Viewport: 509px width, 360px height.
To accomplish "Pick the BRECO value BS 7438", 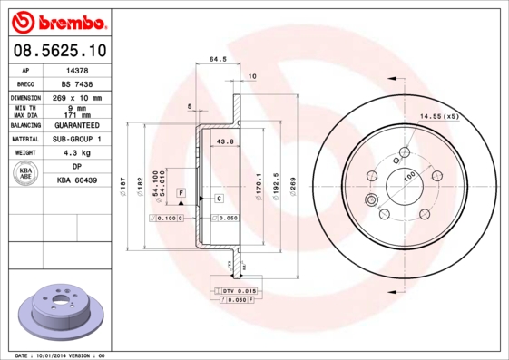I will coord(77,83).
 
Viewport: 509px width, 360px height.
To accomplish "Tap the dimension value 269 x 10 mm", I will coord(77,97).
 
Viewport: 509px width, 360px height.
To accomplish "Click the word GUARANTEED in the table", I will coord(77,124).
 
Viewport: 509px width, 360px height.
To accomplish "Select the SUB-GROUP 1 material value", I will coord(77,139).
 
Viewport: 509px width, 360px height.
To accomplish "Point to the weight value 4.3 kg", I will coord(77,153).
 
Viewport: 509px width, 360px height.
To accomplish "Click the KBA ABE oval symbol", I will coord(26,174).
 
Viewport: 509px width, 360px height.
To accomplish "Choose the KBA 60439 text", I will coord(77,180).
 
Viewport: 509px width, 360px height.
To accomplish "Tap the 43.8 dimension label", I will coord(225,141).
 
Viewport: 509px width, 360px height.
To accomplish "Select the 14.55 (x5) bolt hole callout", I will coord(439,117).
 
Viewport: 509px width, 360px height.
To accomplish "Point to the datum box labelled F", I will coord(181,193).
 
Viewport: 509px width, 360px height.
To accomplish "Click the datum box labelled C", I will coord(219,198).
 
